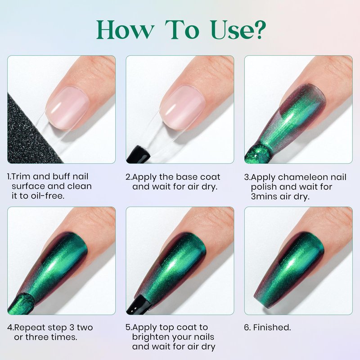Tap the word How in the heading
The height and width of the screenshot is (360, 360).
pyautogui.click(x=125, y=30)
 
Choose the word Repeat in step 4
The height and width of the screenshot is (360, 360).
pyautogui.click(x=30, y=327)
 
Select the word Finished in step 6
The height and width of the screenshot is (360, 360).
pyautogui.click(x=272, y=328)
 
